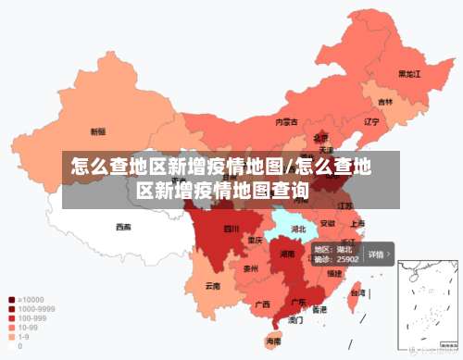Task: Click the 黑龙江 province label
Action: [x=409, y=73]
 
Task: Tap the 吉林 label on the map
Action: [x=384, y=101]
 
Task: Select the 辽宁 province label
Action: [x=371, y=121]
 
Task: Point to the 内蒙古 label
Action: [x=286, y=121]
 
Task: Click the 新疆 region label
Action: [x=98, y=130]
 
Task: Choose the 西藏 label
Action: [x=123, y=226]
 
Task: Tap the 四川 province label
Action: [x=231, y=229]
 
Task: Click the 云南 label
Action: [x=213, y=286]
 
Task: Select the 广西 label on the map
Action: [x=262, y=304]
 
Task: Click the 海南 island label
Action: [x=273, y=341]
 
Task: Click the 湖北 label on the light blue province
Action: [x=299, y=229]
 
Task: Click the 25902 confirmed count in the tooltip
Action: [x=347, y=260]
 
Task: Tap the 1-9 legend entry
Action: [x=23, y=336]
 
